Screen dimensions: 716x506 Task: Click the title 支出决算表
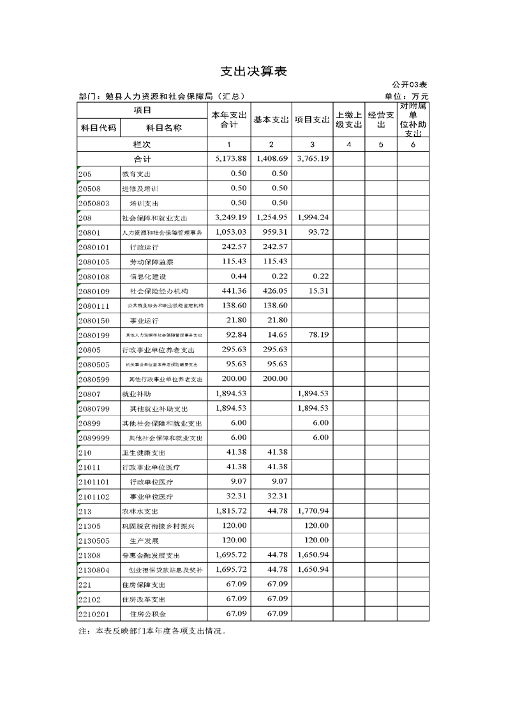click(253, 71)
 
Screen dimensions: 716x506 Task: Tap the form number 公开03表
click(409, 84)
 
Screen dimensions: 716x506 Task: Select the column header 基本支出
click(271, 120)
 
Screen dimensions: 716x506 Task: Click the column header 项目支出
click(312, 120)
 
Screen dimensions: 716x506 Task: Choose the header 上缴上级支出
click(349, 120)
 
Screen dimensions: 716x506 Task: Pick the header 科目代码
click(98, 128)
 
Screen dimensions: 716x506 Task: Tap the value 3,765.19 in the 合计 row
click(313, 158)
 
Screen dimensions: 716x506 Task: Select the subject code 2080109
click(95, 291)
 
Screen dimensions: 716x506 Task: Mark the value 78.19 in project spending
click(316, 334)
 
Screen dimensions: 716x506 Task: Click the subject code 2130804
click(95, 570)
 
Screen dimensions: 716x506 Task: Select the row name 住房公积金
click(147, 614)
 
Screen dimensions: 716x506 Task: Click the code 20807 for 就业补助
click(90, 394)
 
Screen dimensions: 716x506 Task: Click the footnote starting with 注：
click(152, 631)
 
